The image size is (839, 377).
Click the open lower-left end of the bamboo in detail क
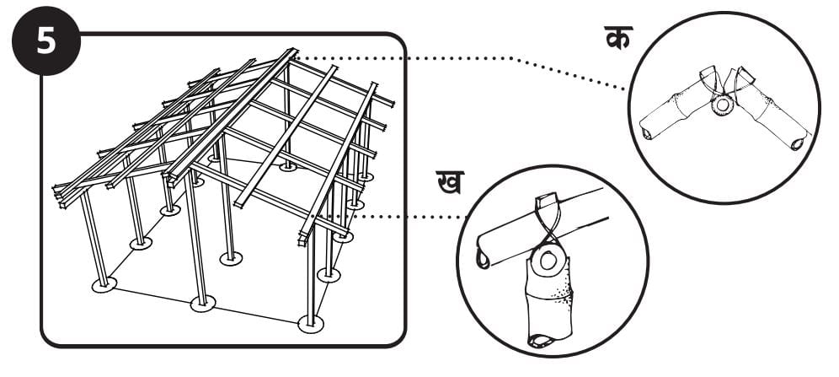pyautogui.click(x=647, y=134)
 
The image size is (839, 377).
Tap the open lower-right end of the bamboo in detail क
pyautogui.click(x=794, y=143)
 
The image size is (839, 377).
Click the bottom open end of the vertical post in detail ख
pyautogui.click(x=538, y=341)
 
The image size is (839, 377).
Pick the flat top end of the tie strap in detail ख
pyautogui.click(x=548, y=203)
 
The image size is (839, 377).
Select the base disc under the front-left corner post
pyautogui.click(x=104, y=284)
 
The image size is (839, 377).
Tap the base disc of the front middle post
pyautogui.click(x=202, y=303)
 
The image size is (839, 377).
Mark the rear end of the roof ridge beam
pyautogui.click(x=293, y=52)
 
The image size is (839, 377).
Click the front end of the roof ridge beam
pyautogui.click(x=173, y=177)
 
